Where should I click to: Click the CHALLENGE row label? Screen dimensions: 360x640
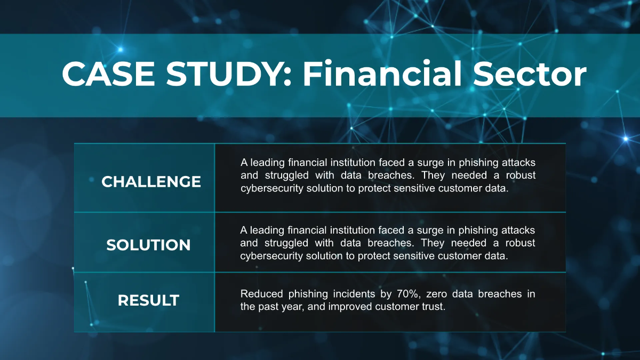(x=151, y=182)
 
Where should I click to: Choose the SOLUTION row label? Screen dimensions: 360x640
(x=148, y=245)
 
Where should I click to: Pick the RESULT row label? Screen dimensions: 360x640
(x=148, y=300)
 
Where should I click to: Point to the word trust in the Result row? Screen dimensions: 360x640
(x=434, y=308)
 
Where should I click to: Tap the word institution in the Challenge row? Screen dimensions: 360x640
(x=350, y=162)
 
